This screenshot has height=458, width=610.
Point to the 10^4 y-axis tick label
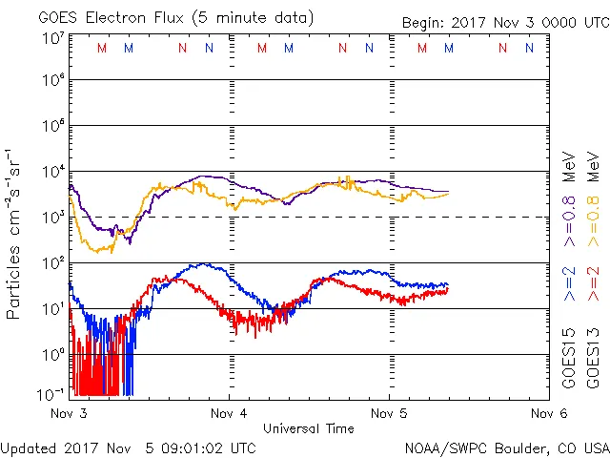(52, 172)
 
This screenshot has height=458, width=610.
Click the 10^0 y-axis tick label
(52, 354)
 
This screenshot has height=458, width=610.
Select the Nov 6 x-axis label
(547, 414)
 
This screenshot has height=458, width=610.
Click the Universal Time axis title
(309, 428)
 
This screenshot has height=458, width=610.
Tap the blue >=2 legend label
(569, 284)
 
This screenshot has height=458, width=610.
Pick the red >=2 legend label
(593, 284)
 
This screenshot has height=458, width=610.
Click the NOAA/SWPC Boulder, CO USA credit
(506, 447)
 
